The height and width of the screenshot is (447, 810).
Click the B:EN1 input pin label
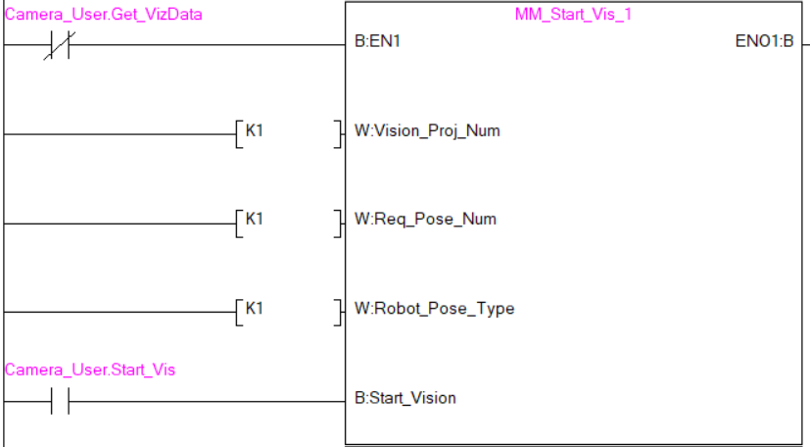tap(377, 44)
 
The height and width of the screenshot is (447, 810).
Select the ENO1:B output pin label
tap(764, 44)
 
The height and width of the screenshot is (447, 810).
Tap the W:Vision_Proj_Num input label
tap(426, 130)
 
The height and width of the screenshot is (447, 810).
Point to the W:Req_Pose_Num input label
tap(424, 219)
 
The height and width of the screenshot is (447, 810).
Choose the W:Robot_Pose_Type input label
tap(434, 309)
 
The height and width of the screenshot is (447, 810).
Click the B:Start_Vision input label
tap(405, 398)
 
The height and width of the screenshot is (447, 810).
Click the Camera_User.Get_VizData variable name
tap(104, 15)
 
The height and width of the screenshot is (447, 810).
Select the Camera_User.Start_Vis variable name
tap(90, 370)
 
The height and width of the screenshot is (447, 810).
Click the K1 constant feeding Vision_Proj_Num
tap(254, 129)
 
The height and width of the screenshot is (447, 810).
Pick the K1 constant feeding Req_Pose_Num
tap(254, 219)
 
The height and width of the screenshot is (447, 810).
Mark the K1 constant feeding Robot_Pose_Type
tap(254, 308)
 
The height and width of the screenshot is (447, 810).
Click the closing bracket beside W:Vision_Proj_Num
tap(339, 134)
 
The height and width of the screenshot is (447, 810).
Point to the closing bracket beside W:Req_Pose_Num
tap(339, 223)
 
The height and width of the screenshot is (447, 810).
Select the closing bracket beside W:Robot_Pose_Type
tap(339, 313)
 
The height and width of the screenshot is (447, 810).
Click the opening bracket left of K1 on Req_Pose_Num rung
tap(238, 223)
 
